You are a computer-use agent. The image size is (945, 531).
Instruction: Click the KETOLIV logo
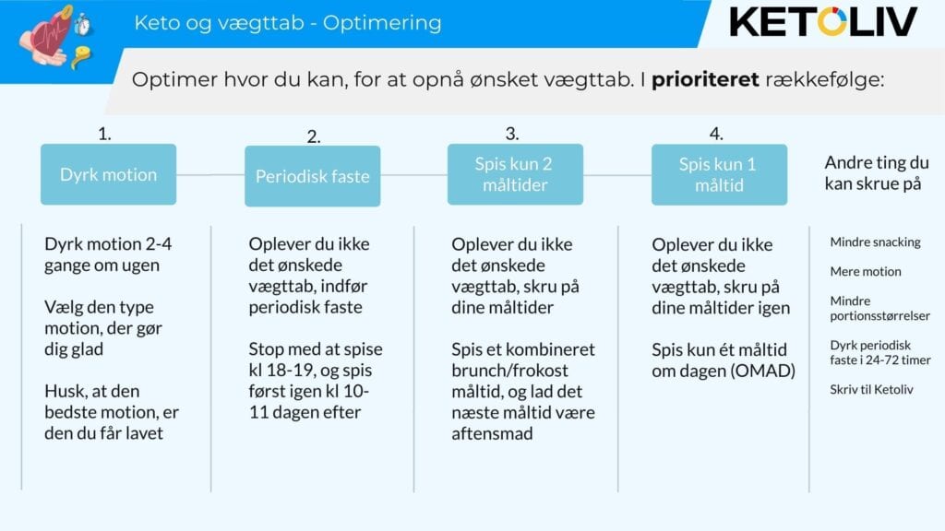(x=823, y=22)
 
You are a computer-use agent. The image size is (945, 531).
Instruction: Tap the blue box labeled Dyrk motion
(x=109, y=174)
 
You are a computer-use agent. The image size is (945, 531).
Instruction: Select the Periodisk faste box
(x=312, y=176)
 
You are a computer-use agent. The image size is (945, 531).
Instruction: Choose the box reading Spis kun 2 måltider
(x=515, y=174)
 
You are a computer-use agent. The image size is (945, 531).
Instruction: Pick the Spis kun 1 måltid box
(x=719, y=174)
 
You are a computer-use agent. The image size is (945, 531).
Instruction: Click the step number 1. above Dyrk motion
(x=105, y=134)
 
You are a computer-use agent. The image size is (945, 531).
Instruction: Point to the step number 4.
(x=716, y=134)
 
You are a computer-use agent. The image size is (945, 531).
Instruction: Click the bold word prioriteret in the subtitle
(x=705, y=79)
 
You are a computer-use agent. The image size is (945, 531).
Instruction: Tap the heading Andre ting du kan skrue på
(x=877, y=172)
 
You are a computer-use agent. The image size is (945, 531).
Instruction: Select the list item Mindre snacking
(x=875, y=242)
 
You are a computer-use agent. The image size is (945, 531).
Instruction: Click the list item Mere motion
(x=866, y=272)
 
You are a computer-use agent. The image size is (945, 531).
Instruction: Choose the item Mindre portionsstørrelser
(x=879, y=308)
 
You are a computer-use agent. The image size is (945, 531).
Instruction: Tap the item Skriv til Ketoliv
(x=871, y=390)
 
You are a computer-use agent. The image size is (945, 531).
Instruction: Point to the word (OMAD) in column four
(x=763, y=371)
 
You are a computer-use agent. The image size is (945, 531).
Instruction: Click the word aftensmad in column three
(x=492, y=433)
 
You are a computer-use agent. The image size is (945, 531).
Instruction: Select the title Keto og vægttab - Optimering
(x=288, y=23)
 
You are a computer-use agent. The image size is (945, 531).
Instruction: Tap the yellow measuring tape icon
(x=81, y=56)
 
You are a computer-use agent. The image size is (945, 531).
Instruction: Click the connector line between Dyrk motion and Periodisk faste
(x=210, y=175)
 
